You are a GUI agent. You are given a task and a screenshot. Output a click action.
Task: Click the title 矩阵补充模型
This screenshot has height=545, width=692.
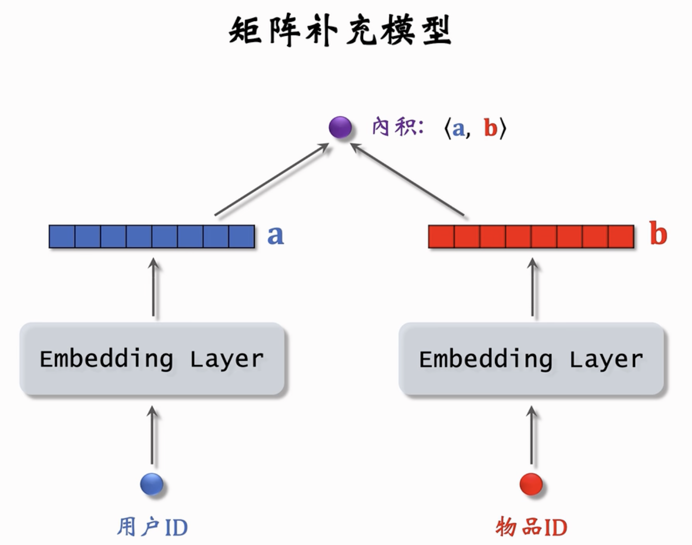340,30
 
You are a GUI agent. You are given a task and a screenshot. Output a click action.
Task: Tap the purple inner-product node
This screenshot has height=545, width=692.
340,127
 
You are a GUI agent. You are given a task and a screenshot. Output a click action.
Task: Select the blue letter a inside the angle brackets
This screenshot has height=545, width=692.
458,128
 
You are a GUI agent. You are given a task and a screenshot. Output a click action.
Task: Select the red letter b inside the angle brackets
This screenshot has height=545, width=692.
491,127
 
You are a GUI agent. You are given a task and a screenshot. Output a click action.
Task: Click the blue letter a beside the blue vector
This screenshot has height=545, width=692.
275,236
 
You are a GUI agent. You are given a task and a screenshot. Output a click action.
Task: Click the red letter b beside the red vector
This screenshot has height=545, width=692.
658,233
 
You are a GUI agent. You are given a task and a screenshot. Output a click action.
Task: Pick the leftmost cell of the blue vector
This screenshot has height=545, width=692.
62,236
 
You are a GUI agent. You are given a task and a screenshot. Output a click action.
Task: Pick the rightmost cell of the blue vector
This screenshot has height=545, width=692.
242,236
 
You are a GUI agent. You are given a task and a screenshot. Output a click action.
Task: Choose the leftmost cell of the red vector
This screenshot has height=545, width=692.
441,236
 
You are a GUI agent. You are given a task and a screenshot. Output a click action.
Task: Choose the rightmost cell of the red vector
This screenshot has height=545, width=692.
621,236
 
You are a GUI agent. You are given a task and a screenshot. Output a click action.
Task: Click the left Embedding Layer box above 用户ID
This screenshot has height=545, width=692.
152,359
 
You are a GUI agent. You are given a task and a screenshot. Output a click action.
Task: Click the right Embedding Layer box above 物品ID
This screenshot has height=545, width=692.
531,359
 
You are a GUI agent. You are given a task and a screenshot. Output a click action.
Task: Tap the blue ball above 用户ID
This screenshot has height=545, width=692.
152,484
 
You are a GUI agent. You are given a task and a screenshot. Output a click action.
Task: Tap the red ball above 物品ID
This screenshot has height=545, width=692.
531,484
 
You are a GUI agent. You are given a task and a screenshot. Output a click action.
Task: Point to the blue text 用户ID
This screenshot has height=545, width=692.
152,527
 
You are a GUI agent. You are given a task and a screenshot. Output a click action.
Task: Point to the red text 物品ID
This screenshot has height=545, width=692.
531,527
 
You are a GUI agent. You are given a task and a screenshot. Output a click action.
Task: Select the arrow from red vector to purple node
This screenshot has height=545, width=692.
407,179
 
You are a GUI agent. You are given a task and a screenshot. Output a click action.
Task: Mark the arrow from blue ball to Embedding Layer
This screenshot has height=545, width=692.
152,435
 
